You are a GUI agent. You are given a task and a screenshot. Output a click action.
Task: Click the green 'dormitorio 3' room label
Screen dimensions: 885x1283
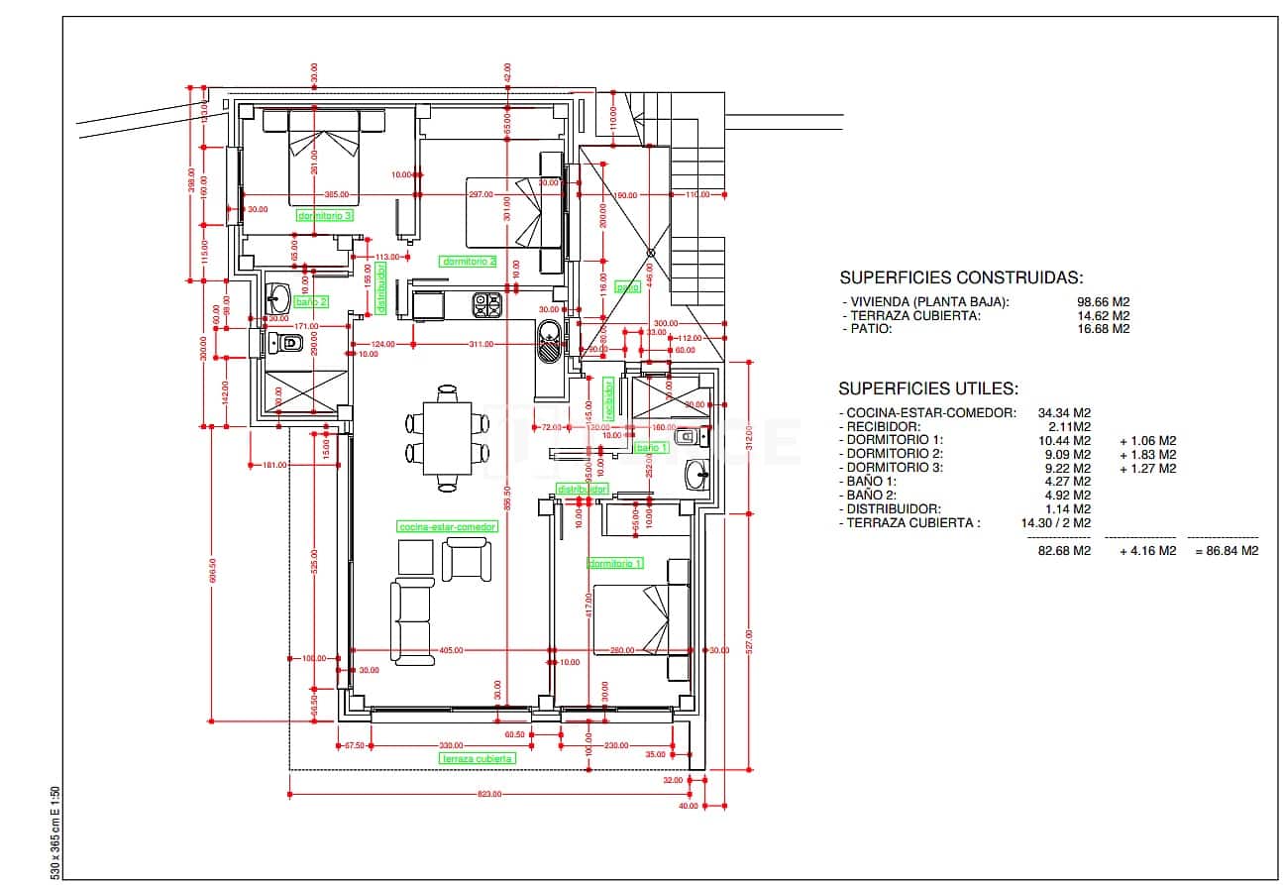(325, 214)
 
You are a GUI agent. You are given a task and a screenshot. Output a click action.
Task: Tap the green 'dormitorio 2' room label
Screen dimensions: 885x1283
(469, 262)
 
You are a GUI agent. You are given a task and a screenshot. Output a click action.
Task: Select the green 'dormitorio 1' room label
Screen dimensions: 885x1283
(615, 563)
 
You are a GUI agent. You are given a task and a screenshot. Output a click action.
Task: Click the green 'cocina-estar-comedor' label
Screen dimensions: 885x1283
(446, 527)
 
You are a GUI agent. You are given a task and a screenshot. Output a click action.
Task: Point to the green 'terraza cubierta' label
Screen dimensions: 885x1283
(478, 758)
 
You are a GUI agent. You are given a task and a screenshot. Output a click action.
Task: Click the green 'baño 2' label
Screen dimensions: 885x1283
(310, 301)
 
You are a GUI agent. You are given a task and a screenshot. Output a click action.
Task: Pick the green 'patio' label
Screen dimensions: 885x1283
(627, 287)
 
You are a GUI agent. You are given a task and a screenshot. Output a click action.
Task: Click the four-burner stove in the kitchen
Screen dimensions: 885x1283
(486, 305)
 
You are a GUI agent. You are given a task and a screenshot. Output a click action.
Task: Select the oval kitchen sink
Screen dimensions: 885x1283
(548, 344)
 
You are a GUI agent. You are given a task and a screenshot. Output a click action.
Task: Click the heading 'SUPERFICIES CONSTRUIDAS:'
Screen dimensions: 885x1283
(961, 278)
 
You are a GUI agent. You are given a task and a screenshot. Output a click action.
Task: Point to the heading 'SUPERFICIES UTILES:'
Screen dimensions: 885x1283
(928, 389)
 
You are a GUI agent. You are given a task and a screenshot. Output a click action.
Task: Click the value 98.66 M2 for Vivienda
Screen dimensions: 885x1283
(1103, 302)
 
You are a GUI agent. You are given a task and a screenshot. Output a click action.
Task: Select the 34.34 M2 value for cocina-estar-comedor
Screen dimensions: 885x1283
(1064, 412)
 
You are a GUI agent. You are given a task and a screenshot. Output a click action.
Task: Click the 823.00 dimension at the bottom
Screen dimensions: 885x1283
(489, 794)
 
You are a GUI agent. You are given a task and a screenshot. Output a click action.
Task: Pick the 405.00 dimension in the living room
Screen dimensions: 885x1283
(451, 650)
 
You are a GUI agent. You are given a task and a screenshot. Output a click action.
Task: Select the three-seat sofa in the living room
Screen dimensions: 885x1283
(411, 622)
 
